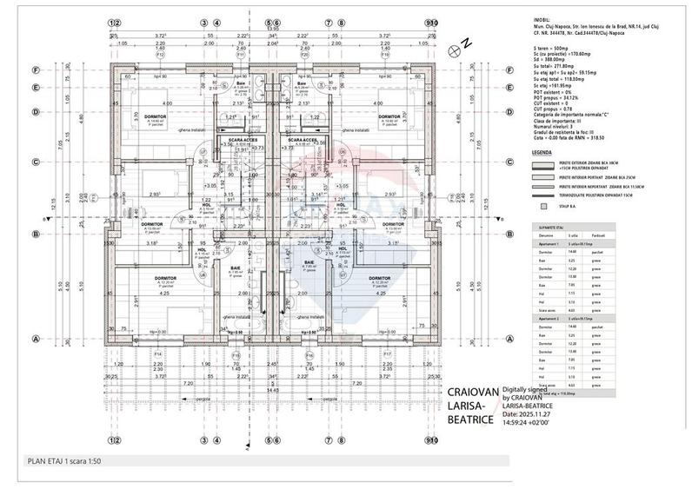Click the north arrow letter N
(x=466, y=43)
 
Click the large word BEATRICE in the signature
(x=469, y=419)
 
